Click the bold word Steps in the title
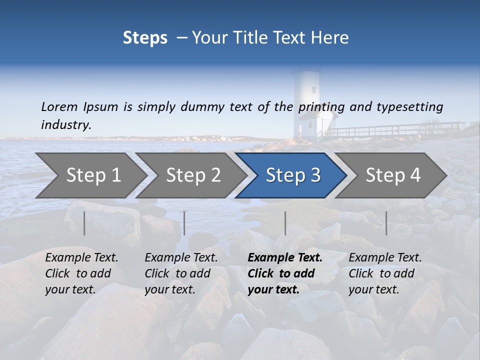point(145,38)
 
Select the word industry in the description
point(66,125)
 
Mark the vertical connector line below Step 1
point(84,223)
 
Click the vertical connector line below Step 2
point(184,223)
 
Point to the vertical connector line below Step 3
point(285,223)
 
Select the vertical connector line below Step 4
point(386,223)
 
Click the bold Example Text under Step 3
point(285,258)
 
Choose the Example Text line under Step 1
point(81,258)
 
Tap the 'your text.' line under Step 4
point(374,289)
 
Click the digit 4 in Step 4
point(414,175)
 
